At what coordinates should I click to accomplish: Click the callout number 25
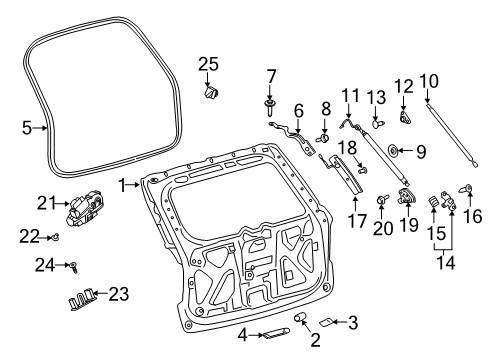click(x=207, y=64)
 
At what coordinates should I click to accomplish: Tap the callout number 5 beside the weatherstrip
click(x=27, y=127)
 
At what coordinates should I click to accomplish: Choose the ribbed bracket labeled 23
click(x=83, y=297)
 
